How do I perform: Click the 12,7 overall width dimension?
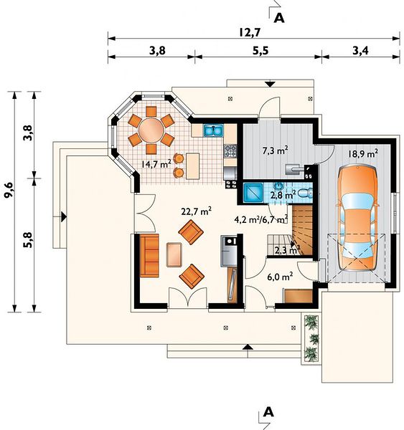tap(249, 32)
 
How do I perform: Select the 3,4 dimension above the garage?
tap(360, 51)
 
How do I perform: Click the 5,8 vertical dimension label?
tap(29, 240)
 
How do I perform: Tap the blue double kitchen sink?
tap(213, 130)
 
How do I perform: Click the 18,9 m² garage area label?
tap(362, 153)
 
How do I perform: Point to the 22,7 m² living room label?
tap(196, 211)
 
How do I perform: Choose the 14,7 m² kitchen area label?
tap(156, 164)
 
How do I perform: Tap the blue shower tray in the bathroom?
tap(253, 193)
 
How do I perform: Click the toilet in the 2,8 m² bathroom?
tap(306, 193)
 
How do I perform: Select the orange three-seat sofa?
tap(149, 256)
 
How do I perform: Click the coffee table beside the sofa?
tap(174, 254)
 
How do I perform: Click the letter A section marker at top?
tap(279, 18)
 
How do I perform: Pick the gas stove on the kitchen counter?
tap(230, 150)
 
